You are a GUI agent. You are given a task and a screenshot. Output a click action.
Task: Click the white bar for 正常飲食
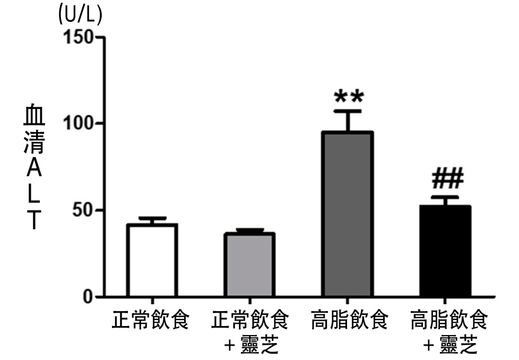click(x=152, y=260)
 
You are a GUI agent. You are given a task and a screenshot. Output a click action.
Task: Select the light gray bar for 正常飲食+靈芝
click(x=249, y=264)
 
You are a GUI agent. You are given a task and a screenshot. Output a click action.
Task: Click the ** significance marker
click(x=349, y=98)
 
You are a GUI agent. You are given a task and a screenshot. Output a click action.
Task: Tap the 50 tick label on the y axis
click(x=82, y=210)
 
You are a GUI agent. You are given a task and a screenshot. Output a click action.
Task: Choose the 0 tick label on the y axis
click(x=88, y=297)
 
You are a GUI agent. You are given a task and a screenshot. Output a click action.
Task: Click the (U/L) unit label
click(x=80, y=15)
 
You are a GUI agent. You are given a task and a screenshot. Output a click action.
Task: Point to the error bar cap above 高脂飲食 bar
click(x=348, y=111)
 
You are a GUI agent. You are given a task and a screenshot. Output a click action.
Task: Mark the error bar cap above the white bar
click(x=152, y=218)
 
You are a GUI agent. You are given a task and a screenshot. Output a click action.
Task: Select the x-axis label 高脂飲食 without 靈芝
click(x=350, y=321)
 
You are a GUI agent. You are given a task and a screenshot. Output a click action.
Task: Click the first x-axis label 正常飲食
click(x=151, y=321)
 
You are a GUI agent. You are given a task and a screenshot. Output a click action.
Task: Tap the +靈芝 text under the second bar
click(x=251, y=346)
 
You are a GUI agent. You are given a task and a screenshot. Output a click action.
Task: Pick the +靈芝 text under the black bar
click(x=450, y=346)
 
